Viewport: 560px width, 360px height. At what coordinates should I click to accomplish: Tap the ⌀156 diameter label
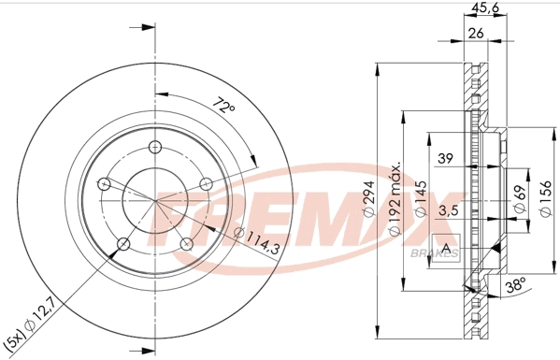tap(545, 196)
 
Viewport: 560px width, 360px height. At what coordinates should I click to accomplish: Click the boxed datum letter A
tap(448, 249)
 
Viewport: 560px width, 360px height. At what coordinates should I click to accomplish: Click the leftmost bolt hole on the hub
tap(105, 182)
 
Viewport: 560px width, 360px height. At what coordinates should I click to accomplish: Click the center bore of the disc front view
tap(155, 198)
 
